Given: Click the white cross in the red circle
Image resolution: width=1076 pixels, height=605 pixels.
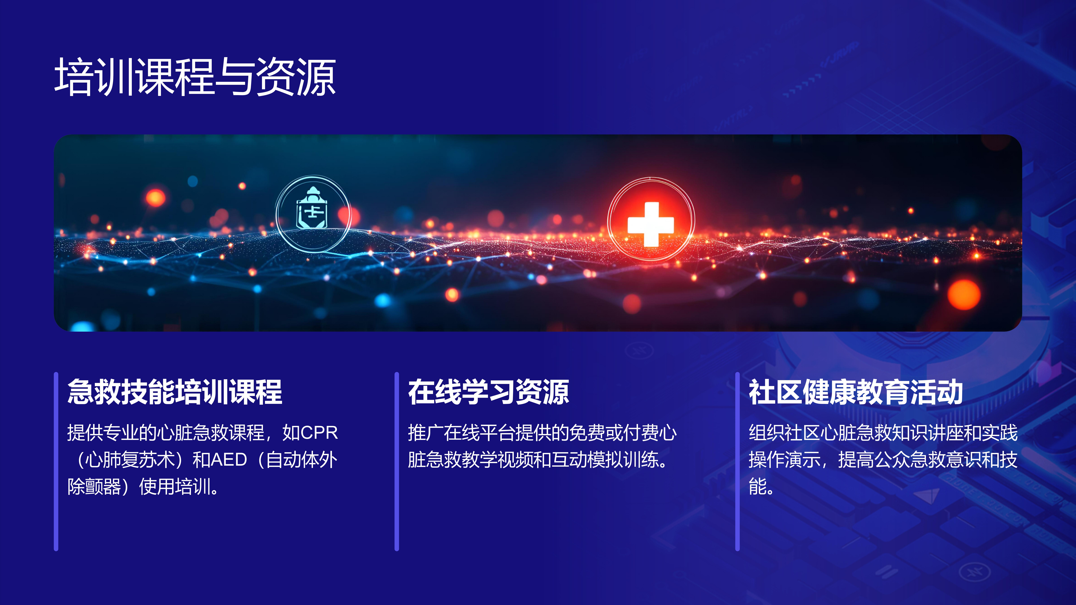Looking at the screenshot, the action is click(x=650, y=224).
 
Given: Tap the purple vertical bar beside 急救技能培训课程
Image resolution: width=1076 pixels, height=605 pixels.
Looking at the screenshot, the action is click(x=56, y=461).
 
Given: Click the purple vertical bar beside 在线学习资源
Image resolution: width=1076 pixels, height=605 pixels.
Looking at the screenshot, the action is click(x=397, y=461).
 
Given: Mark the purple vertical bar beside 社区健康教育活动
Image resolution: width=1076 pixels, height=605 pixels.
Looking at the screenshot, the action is click(x=738, y=461).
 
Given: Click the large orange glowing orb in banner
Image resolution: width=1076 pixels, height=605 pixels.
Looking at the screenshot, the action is click(x=964, y=295).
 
